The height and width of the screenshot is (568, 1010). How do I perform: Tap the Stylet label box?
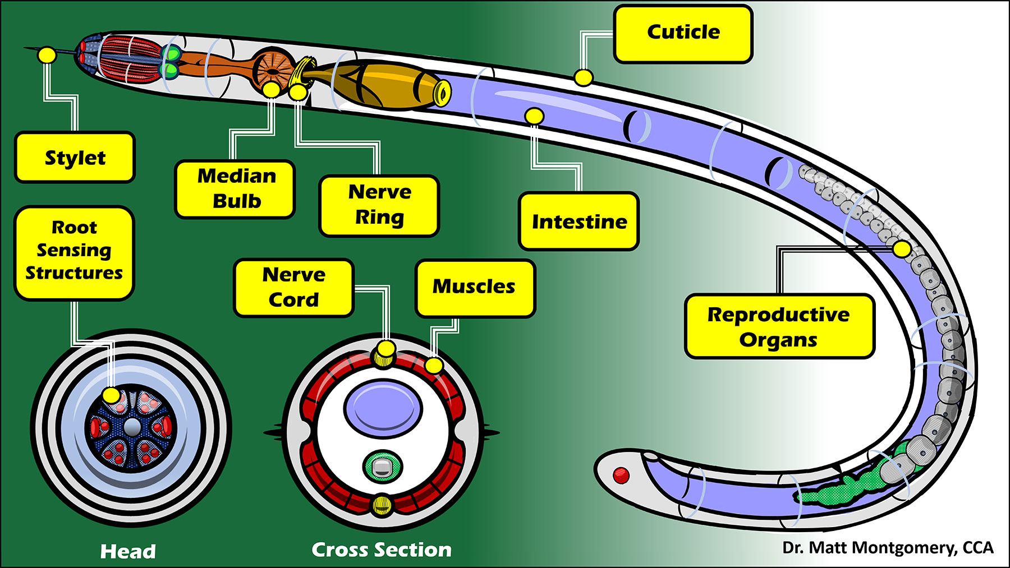[x=75, y=158]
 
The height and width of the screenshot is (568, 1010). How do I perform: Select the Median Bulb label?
[x=235, y=189]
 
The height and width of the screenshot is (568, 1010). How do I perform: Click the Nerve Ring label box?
[x=379, y=205]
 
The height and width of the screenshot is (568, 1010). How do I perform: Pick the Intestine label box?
[x=579, y=221]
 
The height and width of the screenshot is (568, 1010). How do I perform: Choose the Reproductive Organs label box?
[x=779, y=326]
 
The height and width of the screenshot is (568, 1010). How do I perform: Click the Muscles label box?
[x=475, y=288]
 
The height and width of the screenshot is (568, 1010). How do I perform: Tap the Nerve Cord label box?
[x=293, y=288]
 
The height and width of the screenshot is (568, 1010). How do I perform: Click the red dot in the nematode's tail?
[x=621, y=475]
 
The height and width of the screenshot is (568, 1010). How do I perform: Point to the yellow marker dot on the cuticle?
[x=584, y=77]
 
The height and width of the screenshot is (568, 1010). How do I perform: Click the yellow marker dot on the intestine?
[x=534, y=117]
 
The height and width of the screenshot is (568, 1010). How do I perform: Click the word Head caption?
[x=128, y=551]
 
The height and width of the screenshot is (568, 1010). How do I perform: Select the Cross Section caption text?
[x=382, y=549]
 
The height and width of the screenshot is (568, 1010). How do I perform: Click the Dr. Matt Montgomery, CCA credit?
[x=888, y=548]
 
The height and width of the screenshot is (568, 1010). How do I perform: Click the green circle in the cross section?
[x=382, y=467]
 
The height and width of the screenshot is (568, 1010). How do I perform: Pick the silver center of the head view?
[x=132, y=427]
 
